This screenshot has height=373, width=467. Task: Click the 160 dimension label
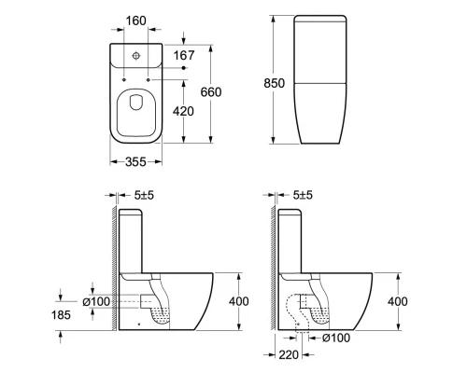(x=135, y=21)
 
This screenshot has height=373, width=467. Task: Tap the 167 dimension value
(x=184, y=55)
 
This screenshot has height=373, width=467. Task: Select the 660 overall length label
(x=211, y=92)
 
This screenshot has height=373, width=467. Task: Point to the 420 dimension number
(x=183, y=111)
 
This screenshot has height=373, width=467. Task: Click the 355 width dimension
(x=135, y=161)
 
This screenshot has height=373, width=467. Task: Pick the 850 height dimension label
(x=274, y=83)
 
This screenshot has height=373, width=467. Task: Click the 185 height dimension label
(x=61, y=315)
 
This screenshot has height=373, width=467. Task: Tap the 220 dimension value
(x=289, y=354)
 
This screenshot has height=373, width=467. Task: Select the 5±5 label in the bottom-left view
(x=144, y=195)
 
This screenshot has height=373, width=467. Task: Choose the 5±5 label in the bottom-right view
(x=303, y=195)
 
